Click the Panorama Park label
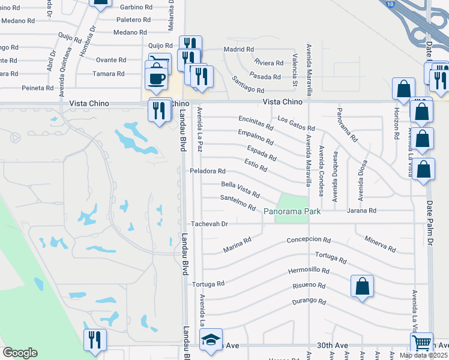click(x=292, y=211)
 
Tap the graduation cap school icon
click(x=211, y=340)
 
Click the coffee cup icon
click(x=156, y=79)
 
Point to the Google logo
click(x=20, y=353)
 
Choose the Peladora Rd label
click(x=207, y=171)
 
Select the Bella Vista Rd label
click(x=240, y=190)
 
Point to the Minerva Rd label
click(x=380, y=244)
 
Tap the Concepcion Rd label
click(x=309, y=239)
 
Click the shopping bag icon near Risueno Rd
click(x=363, y=287)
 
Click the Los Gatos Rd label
click(x=292, y=124)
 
